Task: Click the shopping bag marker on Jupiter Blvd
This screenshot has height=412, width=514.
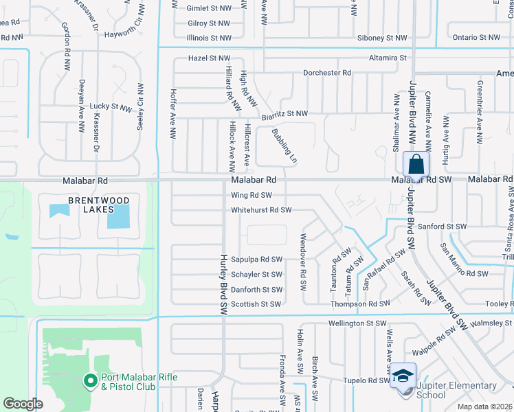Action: point(416,165)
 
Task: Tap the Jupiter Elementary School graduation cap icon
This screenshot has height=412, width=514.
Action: point(403,376)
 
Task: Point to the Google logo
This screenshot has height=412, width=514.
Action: point(23,403)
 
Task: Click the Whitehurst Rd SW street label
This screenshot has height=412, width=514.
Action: point(262,210)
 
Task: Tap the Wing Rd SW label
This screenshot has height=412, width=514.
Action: point(252,195)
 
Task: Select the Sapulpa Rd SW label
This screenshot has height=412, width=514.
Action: point(257,260)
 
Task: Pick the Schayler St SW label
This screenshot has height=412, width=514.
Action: point(256,275)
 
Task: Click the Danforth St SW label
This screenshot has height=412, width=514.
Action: point(256,290)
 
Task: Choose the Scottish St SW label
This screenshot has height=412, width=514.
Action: point(256,304)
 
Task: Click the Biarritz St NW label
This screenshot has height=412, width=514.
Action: point(284,114)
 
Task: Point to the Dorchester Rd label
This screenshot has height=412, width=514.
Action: point(327,73)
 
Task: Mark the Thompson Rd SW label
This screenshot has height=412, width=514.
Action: point(359,304)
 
